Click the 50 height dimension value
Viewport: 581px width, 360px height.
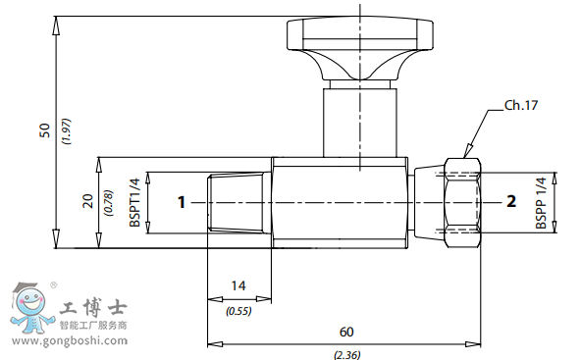[x=45, y=130]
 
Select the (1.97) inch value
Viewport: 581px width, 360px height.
[x=68, y=131]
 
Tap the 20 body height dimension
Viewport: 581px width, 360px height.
[x=88, y=201]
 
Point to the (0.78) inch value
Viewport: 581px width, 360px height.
[x=109, y=203]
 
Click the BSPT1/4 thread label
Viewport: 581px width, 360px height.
[x=134, y=203]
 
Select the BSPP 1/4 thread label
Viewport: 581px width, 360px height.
[x=541, y=203]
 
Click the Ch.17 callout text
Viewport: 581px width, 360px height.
[x=521, y=106]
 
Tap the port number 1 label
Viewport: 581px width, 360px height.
[x=182, y=203]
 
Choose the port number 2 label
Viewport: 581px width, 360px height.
[x=511, y=201]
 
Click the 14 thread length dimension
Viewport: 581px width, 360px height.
[x=238, y=285]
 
